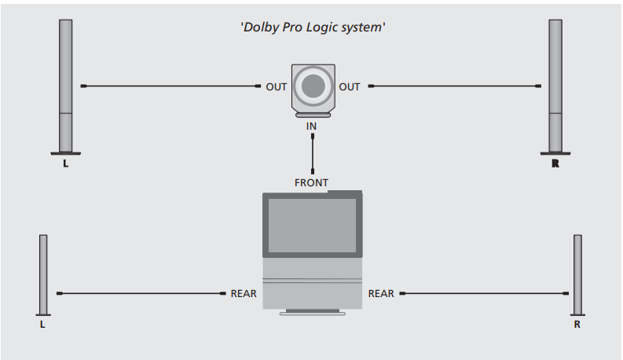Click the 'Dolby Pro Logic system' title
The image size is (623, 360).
(x=312, y=28)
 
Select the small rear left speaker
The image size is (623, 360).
(x=43, y=275)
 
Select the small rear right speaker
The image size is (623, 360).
(x=577, y=275)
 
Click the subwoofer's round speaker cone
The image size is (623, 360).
(x=313, y=85)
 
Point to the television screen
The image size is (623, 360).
(x=312, y=223)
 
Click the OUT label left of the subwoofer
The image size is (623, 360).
(x=276, y=86)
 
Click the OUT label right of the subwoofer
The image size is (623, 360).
(x=350, y=86)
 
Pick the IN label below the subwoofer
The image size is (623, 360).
(x=312, y=126)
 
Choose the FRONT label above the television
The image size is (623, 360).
(x=311, y=182)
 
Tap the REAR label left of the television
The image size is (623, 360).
(x=244, y=294)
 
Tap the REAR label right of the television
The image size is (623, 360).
(x=381, y=294)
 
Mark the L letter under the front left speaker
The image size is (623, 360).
(x=65, y=164)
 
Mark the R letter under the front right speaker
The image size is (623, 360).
(x=555, y=164)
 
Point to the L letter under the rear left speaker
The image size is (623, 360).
(x=42, y=324)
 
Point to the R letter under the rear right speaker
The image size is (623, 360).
(x=577, y=324)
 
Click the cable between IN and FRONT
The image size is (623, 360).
(x=313, y=153)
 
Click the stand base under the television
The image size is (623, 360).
(x=312, y=312)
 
